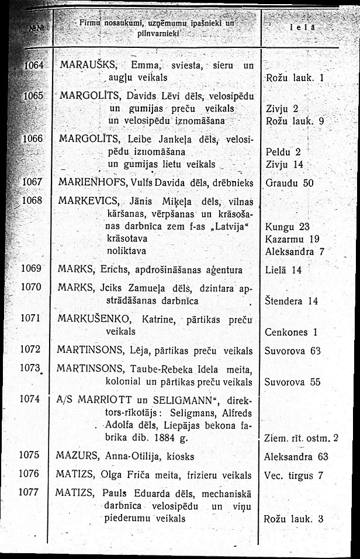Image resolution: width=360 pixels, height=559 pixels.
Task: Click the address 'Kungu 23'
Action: (287, 227)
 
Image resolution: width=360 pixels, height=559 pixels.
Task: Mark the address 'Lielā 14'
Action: (283, 270)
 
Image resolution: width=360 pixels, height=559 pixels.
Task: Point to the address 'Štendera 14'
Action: (292, 301)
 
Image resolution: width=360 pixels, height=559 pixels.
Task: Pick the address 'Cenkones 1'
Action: (291, 332)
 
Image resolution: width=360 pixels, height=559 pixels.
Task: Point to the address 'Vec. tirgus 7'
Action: (293, 475)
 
